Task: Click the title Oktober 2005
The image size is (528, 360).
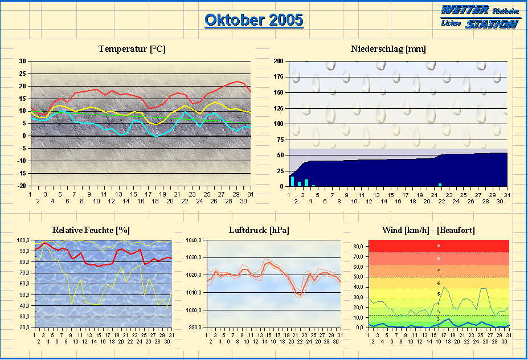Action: coord(253,21)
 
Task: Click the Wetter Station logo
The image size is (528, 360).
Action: coord(478,17)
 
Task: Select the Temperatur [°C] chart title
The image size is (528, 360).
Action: coord(132,49)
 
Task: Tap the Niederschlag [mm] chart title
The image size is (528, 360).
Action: coord(388,49)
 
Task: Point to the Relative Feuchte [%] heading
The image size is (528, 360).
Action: coord(91,230)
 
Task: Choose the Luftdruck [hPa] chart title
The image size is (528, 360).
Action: coord(259,230)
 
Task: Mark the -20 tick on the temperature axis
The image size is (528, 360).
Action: coord(22,186)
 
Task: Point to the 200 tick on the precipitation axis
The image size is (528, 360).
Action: coord(279,61)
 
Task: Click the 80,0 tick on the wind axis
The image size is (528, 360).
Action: coord(358,246)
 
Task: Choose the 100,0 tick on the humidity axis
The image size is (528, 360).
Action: coord(23,240)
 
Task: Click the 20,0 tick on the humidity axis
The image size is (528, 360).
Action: coord(24,328)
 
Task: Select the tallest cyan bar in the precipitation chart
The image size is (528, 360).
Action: coord(293,181)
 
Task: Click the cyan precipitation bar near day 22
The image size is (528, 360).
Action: coord(440,185)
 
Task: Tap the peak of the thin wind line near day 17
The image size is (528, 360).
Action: coord(444,287)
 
